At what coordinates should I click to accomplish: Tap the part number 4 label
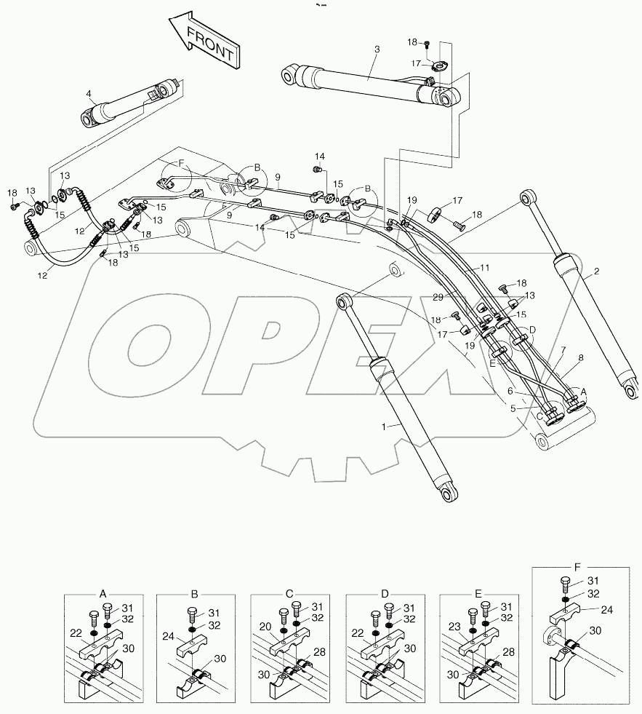[88, 93]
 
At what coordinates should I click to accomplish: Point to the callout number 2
[595, 272]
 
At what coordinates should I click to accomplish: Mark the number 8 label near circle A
[579, 358]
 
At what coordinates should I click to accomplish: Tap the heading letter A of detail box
[103, 594]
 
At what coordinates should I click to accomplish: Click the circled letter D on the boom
[532, 330]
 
